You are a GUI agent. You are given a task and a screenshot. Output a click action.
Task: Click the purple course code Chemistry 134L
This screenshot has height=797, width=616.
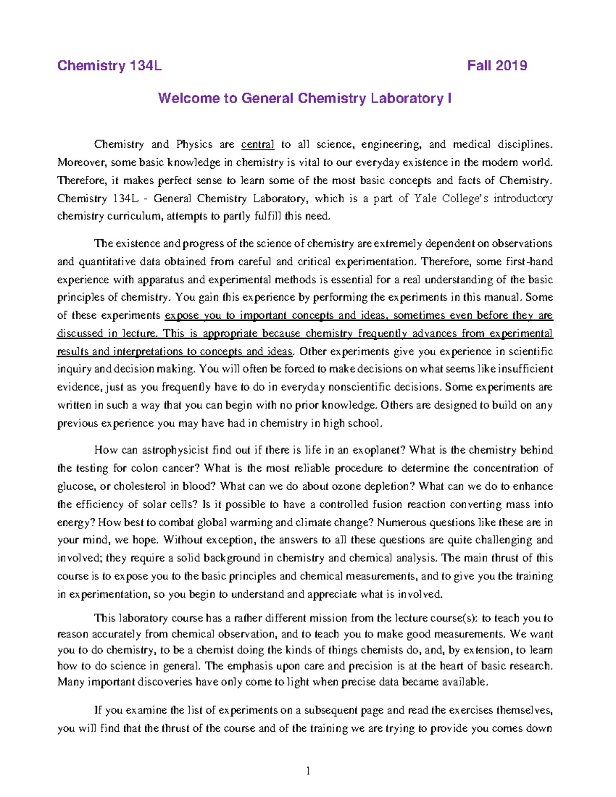point(109,66)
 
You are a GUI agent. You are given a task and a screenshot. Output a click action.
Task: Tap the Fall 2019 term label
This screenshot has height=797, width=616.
point(497,66)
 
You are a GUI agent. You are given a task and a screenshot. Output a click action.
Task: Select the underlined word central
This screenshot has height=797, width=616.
point(258,145)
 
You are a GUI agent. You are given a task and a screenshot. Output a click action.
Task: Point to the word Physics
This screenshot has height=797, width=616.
point(195,145)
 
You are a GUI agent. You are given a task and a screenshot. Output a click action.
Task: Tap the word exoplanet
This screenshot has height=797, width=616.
point(379,451)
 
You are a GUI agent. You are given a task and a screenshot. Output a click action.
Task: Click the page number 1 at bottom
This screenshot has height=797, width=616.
point(308,771)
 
